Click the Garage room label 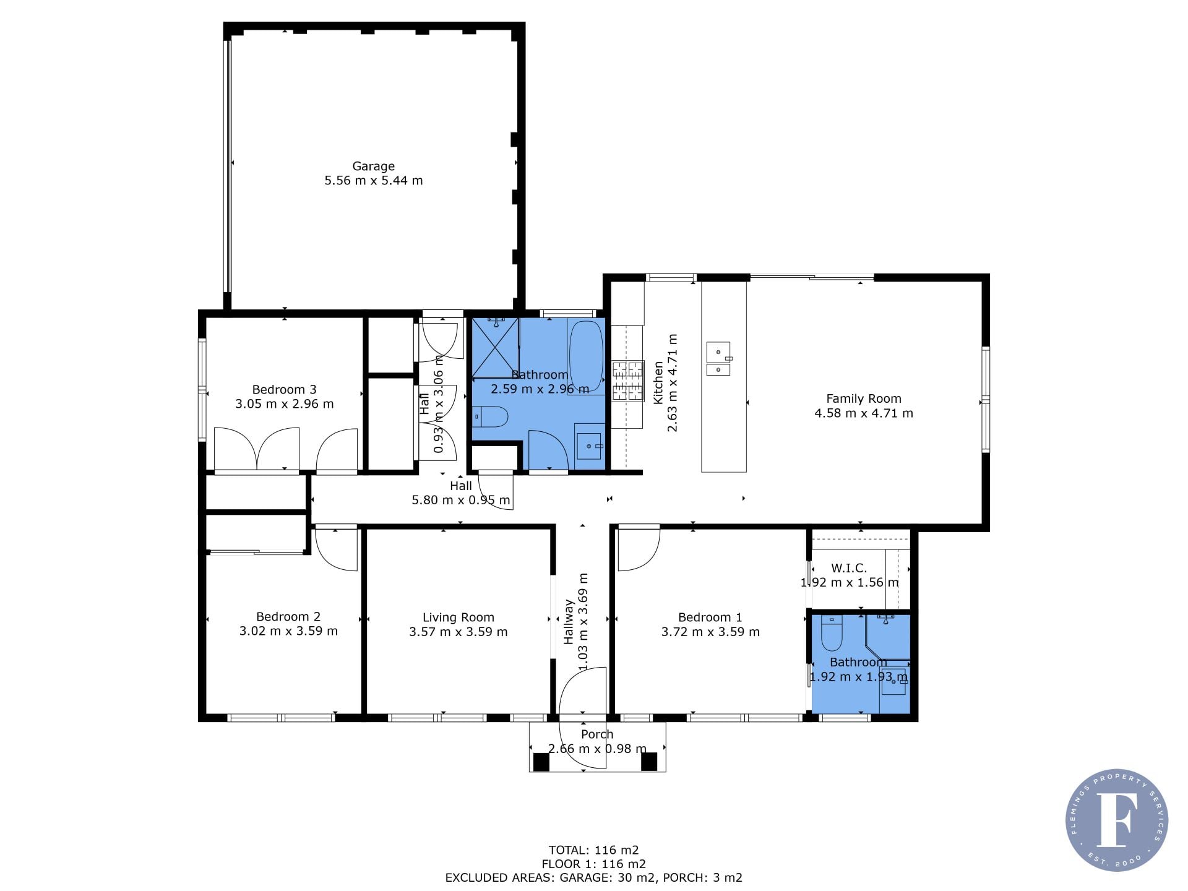(x=373, y=166)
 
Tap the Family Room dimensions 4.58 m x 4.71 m (x=864, y=413)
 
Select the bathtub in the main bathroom (x=586, y=356)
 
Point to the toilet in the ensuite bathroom (x=831, y=634)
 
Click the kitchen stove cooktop (x=628, y=381)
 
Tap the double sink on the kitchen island (x=718, y=359)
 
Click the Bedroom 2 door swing (x=336, y=548)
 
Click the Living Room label (x=458, y=617)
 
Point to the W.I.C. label (x=848, y=568)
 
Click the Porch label (x=597, y=734)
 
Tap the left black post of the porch (x=541, y=762)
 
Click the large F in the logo (x=1117, y=819)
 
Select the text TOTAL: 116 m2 (x=593, y=850)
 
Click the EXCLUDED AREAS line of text (x=593, y=877)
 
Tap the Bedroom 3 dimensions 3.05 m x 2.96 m (x=284, y=404)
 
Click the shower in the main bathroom (x=496, y=347)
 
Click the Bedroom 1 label (x=710, y=617)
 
